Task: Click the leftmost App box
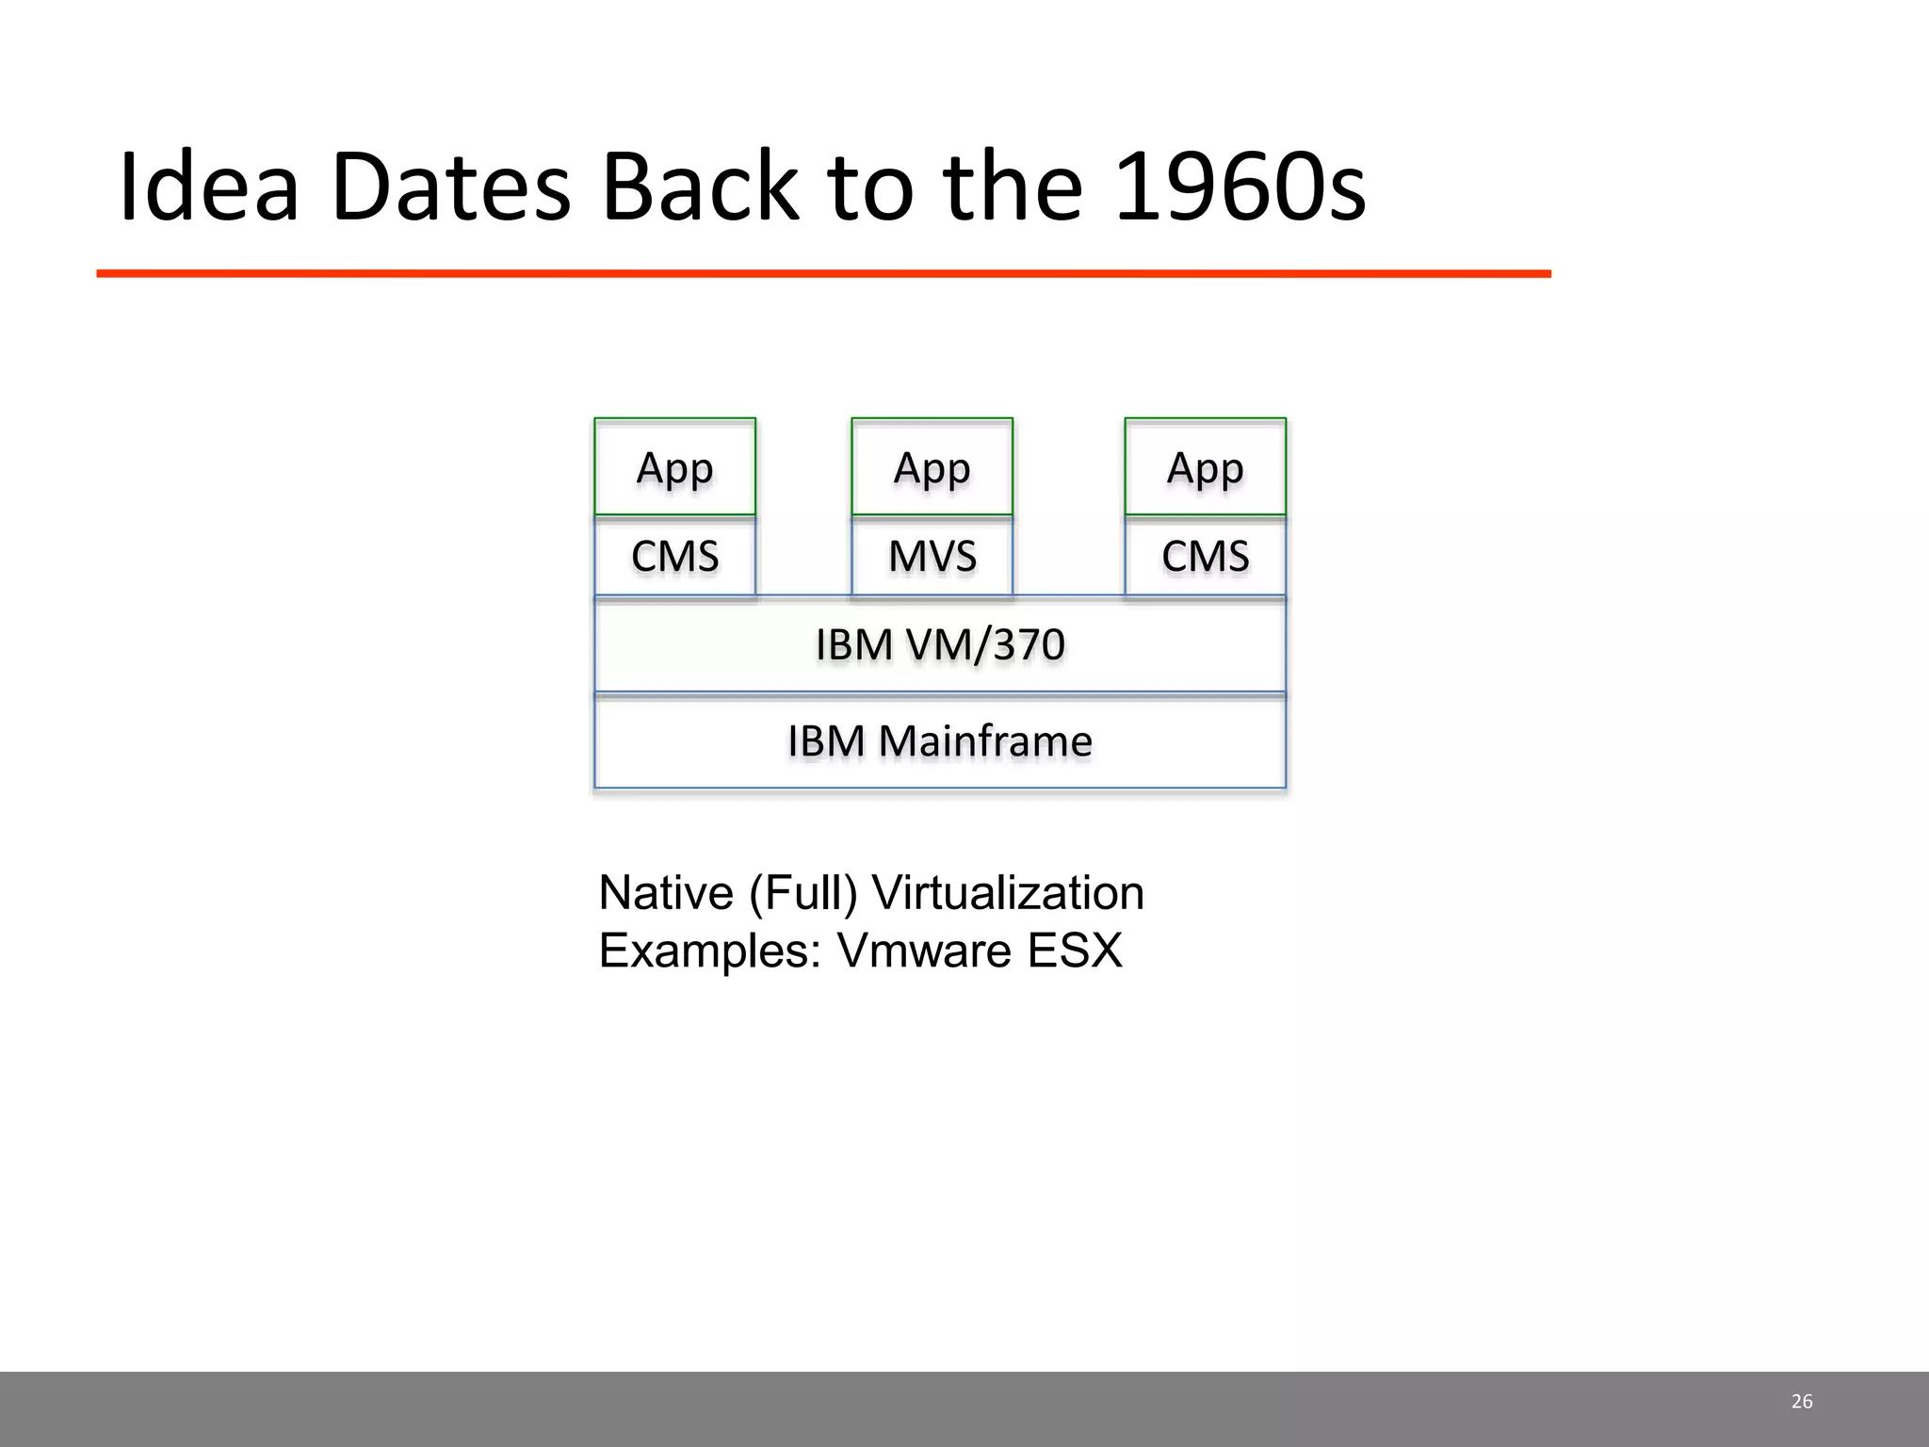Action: point(674,467)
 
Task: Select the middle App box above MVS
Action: point(932,467)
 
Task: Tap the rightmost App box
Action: point(1205,467)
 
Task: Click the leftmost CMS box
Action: point(674,556)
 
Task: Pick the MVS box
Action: point(932,556)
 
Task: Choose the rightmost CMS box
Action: point(1205,556)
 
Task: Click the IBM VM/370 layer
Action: point(940,645)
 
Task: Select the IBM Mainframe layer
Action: point(940,741)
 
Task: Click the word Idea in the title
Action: point(208,187)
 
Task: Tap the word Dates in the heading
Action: point(451,187)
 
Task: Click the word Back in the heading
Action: point(701,187)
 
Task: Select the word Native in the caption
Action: point(666,892)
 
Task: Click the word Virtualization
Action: point(1008,892)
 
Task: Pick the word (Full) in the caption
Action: point(803,892)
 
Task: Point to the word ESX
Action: point(1075,951)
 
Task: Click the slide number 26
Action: point(1801,1402)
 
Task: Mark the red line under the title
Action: point(823,273)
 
